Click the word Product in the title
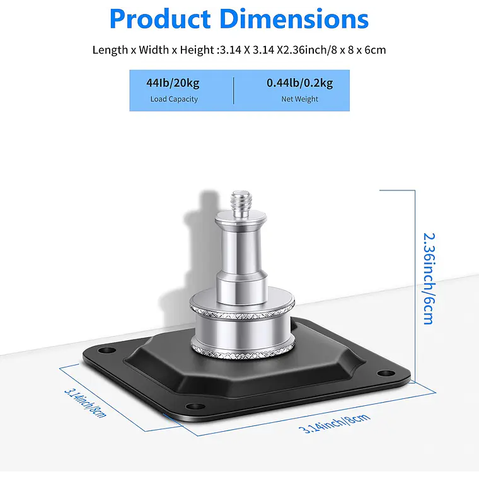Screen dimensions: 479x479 pyautogui.click(x=160, y=19)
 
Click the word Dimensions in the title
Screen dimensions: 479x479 pyautogui.click(x=294, y=19)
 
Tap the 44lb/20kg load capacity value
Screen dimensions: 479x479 pyautogui.click(x=173, y=83)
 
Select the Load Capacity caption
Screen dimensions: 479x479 pyautogui.click(x=174, y=100)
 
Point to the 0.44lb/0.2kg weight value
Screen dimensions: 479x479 pyautogui.click(x=299, y=83)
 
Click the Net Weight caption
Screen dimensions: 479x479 pyautogui.click(x=299, y=99)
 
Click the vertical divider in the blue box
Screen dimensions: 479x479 pyautogui.click(x=234, y=91)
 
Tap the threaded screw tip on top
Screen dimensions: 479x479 pyautogui.click(x=241, y=202)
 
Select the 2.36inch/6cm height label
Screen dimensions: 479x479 pyautogui.click(x=429, y=279)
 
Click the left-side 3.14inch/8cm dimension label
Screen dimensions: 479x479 pyautogui.click(x=85, y=403)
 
